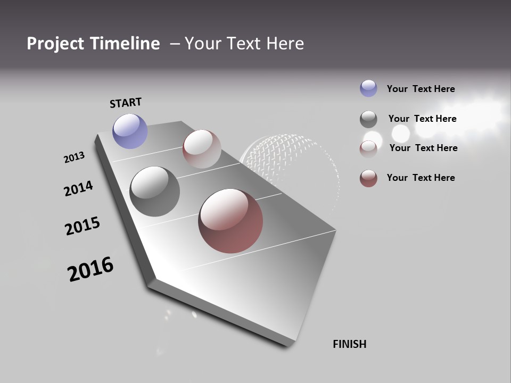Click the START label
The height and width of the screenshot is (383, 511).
(x=126, y=102)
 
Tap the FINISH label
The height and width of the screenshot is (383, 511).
(x=349, y=344)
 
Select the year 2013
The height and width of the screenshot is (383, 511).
(x=74, y=157)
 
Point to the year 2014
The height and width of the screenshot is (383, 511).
(x=78, y=188)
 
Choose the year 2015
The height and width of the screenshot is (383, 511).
(x=82, y=226)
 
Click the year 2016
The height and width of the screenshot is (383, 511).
(x=90, y=269)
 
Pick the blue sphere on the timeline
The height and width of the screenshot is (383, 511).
(x=130, y=131)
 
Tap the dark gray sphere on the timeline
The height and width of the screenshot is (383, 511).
(x=154, y=191)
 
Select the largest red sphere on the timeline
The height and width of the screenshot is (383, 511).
(x=230, y=221)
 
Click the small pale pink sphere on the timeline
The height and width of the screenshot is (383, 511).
(x=202, y=149)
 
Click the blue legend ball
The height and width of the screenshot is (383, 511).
(x=368, y=88)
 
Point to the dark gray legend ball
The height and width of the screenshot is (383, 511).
(x=368, y=119)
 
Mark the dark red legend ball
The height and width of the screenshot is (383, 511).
(x=368, y=178)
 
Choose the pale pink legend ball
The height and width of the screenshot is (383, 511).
(x=368, y=149)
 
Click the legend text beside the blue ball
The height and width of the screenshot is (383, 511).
(x=421, y=89)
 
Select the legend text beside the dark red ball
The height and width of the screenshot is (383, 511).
(x=421, y=178)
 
